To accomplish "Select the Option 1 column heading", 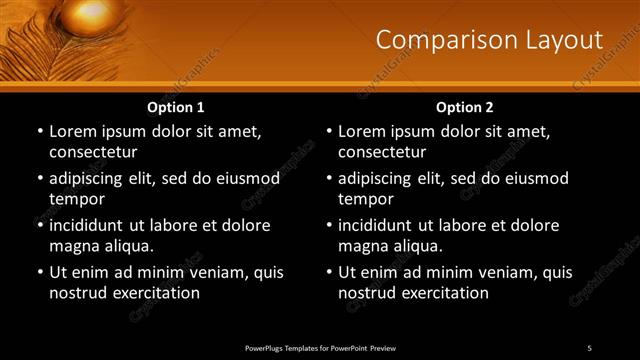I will [176, 106].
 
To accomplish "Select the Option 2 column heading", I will [465, 106].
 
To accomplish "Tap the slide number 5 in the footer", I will [589, 348].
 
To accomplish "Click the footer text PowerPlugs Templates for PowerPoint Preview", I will [320, 348].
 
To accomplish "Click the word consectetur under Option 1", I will [93, 152].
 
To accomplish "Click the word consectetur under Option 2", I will [382, 152].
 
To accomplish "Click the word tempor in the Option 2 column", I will [364, 199].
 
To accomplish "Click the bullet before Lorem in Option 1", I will [40, 131].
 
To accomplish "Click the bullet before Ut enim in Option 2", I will [329, 272].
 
